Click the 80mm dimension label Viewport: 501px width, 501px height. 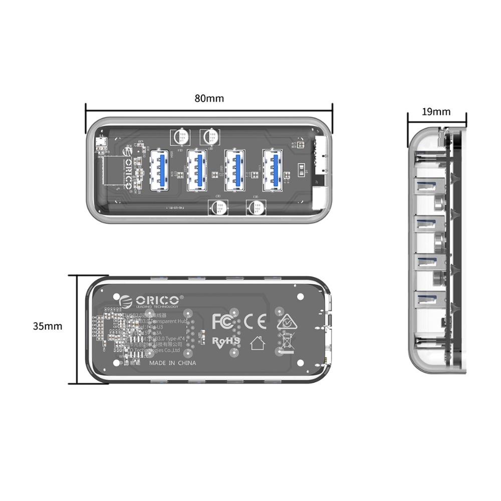click(x=209, y=98)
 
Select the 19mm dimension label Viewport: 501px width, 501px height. click(x=436, y=112)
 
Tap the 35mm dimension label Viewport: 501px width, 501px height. click(x=48, y=326)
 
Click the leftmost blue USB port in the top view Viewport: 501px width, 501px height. click(x=159, y=170)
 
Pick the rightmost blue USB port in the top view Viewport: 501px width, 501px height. click(x=274, y=170)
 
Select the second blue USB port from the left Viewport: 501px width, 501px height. click(x=197, y=170)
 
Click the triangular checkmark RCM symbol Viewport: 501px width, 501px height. click(x=286, y=322)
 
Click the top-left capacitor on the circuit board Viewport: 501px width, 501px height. click(x=181, y=138)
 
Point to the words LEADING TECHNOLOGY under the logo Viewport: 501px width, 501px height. click(x=157, y=307)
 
